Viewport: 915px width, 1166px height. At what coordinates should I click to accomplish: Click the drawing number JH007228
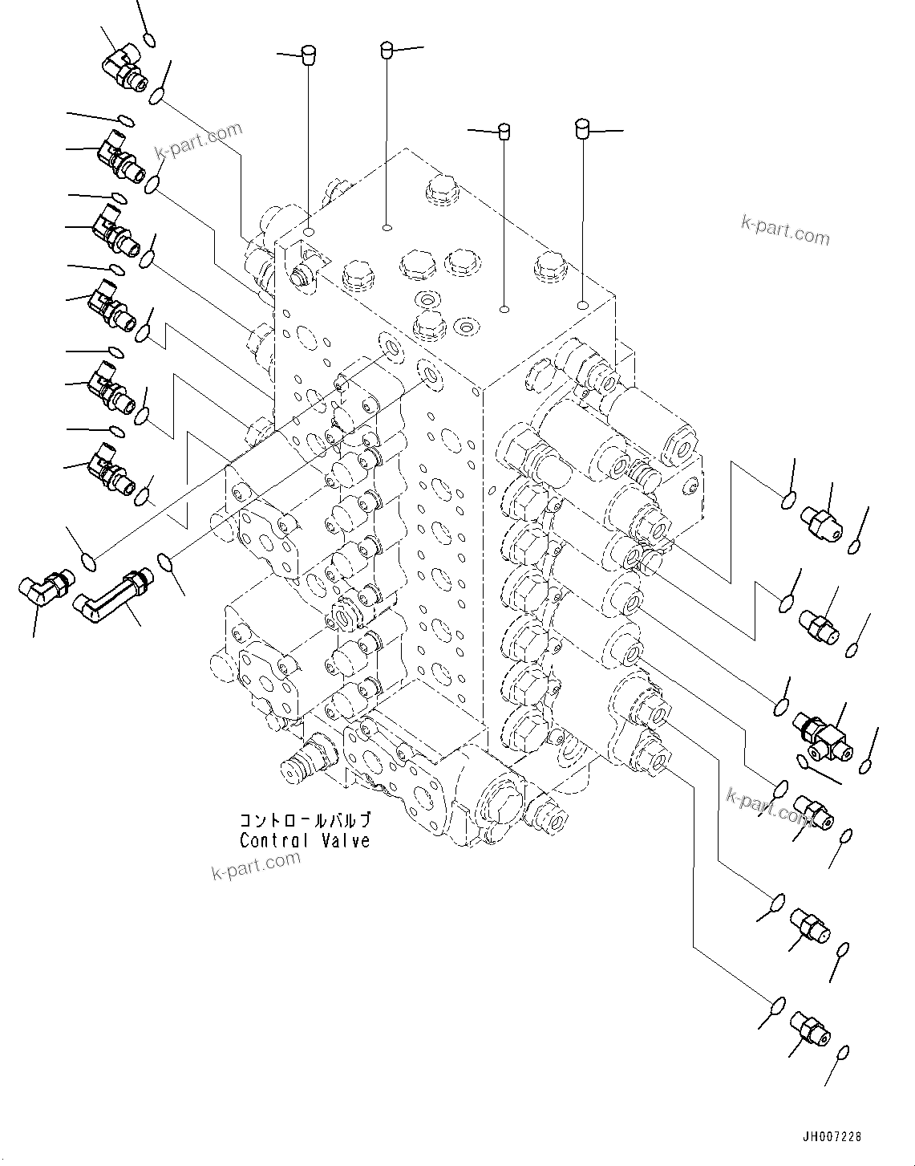pyautogui.click(x=832, y=1136)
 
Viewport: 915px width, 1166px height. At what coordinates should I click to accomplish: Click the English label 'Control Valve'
pyautogui.click(x=305, y=841)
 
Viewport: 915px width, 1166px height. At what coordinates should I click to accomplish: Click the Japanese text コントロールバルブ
pyautogui.click(x=305, y=821)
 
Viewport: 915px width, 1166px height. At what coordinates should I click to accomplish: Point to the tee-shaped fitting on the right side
pyautogui.click(x=825, y=736)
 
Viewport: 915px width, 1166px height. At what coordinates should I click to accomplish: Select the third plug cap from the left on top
pyautogui.click(x=504, y=131)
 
